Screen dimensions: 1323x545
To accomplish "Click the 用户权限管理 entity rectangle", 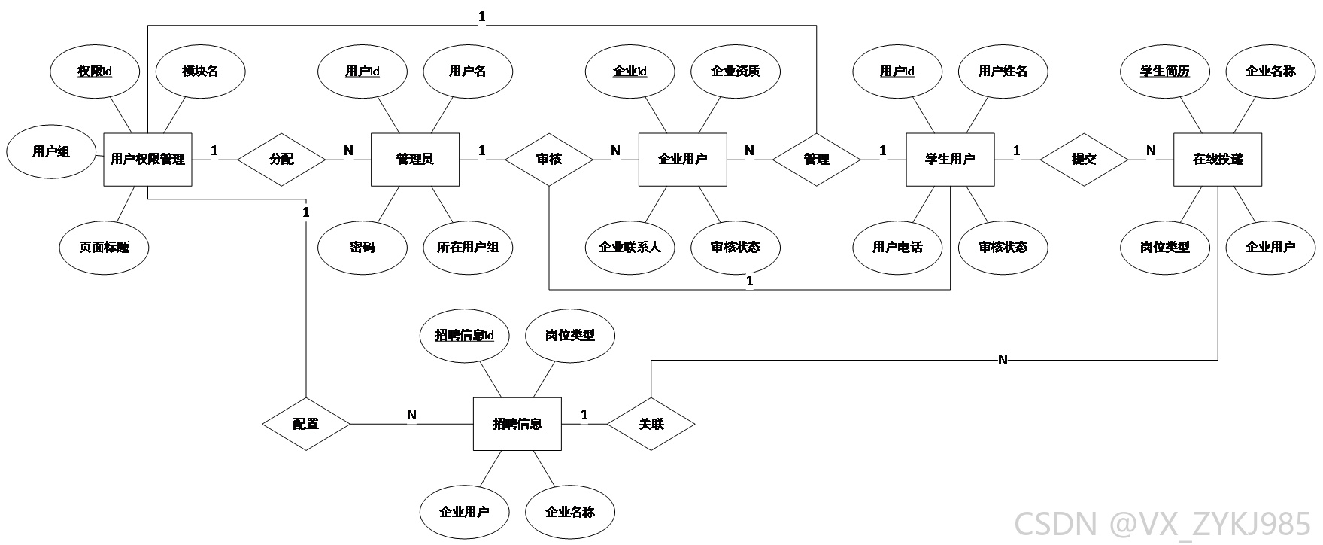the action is [147, 160].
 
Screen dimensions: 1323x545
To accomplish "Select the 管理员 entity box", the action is [415, 160].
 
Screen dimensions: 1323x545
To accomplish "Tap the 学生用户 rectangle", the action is [950, 160].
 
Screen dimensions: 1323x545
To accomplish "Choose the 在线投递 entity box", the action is [1218, 160].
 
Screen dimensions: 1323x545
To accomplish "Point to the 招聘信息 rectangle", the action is [517, 424].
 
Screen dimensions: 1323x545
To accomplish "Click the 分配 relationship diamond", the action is [282, 160].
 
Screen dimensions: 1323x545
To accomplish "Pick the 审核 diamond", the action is [549, 160].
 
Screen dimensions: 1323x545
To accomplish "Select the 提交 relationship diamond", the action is [1084, 160].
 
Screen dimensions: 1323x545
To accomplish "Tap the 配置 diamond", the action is [306, 424].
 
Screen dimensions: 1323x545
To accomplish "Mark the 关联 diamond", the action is [651, 424].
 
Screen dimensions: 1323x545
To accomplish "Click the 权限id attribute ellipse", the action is [95, 72].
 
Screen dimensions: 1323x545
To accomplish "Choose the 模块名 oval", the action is [200, 72].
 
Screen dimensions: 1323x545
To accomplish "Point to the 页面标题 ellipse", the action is [104, 248].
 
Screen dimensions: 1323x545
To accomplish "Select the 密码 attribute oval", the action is [363, 248].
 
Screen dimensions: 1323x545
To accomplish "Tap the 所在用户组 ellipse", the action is [468, 248].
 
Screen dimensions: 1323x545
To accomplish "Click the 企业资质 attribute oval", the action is [736, 72].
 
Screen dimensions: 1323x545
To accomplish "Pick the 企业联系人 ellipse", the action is [630, 248].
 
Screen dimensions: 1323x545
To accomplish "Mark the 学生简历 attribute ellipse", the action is [1165, 72].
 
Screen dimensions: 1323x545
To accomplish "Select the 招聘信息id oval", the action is [464, 336].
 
